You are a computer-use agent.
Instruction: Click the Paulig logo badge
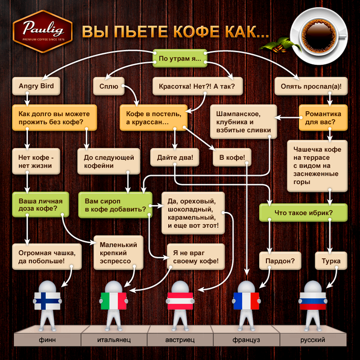pos(43,31)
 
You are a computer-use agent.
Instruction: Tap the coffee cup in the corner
pos(319,37)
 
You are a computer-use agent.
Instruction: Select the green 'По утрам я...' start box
pos(180,58)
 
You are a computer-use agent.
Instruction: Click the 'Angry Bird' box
pos(37,86)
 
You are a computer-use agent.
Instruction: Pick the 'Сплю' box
pos(109,86)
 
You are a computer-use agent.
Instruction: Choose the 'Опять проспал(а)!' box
pos(311,86)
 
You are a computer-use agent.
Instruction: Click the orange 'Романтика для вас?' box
pos(323,118)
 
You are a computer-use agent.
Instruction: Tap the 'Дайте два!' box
pos(175,157)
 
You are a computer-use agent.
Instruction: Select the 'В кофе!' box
pos(232,157)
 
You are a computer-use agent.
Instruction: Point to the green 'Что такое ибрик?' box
pos(303,212)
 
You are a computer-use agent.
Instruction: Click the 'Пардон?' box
pos(280,261)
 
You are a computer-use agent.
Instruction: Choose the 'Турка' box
pos(331,261)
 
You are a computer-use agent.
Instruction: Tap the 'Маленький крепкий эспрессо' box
pos(118,253)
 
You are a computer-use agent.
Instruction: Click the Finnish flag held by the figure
pos(47,300)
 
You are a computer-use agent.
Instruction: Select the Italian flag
pos(114,300)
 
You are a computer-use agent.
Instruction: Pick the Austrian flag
pos(180,300)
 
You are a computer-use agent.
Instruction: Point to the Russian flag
pos(313,300)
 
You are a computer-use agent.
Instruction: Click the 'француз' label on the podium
pos(246,340)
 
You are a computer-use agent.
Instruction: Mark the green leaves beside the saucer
pos(281,45)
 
